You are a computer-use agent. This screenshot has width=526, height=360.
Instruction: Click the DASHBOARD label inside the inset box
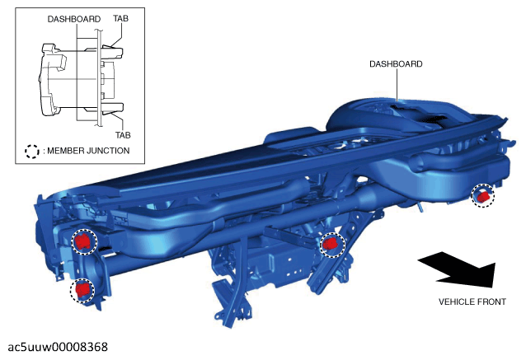pyautogui.click(x=74, y=19)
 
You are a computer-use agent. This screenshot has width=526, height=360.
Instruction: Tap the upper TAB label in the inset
pyautogui.click(x=120, y=18)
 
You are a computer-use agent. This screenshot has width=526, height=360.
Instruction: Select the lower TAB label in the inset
pyautogui.click(x=123, y=135)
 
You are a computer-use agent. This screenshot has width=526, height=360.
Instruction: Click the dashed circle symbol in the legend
pyautogui.click(x=32, y=152)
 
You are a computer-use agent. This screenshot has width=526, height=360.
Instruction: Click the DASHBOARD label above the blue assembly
pyautogui.click(x=396, y=64)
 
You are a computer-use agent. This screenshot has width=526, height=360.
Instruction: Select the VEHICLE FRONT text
pyautogui.click(x=472, y=302)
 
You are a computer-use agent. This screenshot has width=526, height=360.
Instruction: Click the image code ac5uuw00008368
pyautogui.click(x=58, y=347)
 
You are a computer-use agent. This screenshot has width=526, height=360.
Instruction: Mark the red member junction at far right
pyautogui.click(x=483, y=195)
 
